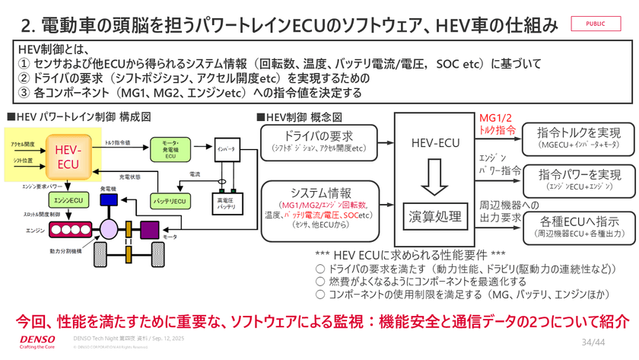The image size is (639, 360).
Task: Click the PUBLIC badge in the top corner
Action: tap(596, 24)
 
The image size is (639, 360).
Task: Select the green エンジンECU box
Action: tap(68, 199)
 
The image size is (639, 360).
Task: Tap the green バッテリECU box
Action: tap(169, 201)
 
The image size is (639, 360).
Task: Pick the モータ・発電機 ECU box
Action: tap(170, 149)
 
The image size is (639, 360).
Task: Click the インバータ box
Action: tap(226, 148)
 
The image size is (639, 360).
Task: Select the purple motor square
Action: tap(149, 228)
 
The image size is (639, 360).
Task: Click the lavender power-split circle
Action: tap(110, 228)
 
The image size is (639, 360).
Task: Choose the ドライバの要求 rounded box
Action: tap(319, 142)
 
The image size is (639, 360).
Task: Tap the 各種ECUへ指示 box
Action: tap(578, 226)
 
